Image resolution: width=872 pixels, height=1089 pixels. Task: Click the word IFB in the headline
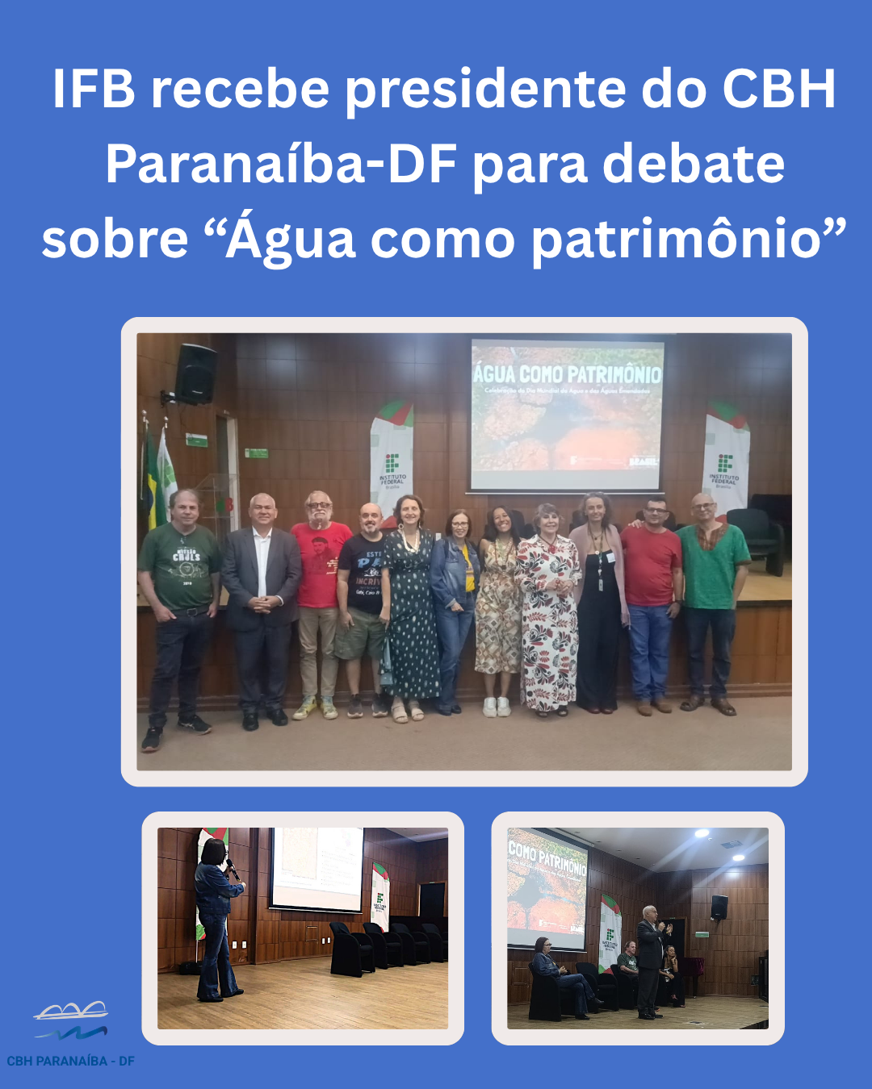click(94, 89)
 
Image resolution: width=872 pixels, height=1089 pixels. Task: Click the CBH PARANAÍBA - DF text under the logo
click(71, 1061)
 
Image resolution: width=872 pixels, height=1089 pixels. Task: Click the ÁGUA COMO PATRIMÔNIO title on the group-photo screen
click(567, 374)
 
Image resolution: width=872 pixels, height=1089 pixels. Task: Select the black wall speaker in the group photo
click(196, 374)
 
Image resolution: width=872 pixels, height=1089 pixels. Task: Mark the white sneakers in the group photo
click(497, 707)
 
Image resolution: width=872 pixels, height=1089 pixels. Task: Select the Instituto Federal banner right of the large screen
click(725, 464)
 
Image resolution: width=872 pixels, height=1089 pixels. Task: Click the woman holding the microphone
click(216, 920)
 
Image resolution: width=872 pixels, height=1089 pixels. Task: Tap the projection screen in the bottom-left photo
click(317, 869)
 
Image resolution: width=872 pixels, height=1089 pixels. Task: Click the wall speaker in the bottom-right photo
click(719, 907)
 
